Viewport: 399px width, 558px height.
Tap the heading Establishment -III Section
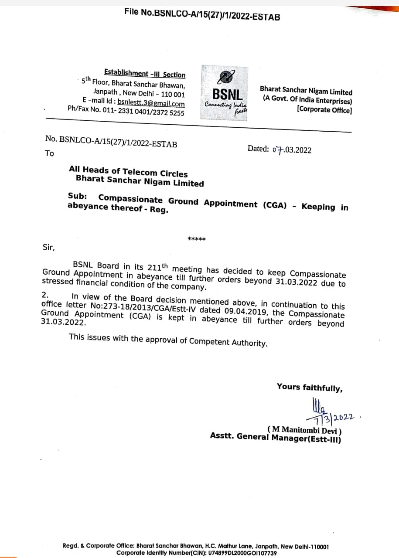[145, 74]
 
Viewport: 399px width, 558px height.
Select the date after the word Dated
[292, 150]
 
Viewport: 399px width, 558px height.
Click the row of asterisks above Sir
[197, 239]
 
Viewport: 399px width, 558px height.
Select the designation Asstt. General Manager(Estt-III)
[276, 437]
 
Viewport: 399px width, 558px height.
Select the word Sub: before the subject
[77, 196]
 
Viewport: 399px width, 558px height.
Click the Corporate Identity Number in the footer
[197, 553]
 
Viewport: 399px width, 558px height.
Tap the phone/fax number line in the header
[126, 111]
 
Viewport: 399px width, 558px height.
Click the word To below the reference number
[49, 153]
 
